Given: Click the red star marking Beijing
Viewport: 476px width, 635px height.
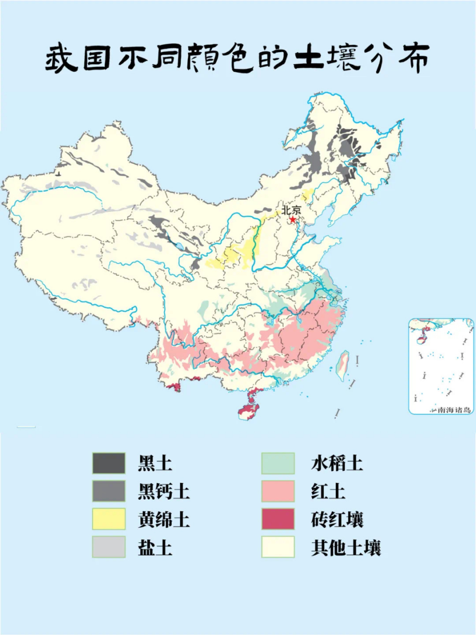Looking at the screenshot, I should [x=293, y=219].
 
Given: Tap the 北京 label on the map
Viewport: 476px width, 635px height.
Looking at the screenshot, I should [x=291, y=210].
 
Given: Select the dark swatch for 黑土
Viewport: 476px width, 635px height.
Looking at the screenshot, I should [x=108, y=463].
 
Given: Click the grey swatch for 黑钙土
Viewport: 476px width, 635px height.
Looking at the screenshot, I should [x=108, y=492].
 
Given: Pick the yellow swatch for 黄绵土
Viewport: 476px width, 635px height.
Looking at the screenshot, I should [x=108, y=519].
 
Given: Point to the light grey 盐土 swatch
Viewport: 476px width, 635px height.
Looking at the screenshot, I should [x=108, y=547].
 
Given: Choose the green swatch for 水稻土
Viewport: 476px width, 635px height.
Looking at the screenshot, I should [x=278, y=463].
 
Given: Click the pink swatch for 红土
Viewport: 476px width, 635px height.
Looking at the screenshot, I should [x=278, y=492].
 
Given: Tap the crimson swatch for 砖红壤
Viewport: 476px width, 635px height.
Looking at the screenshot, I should [x=278, y=519].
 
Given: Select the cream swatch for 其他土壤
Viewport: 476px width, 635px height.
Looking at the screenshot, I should [x=278, y=547].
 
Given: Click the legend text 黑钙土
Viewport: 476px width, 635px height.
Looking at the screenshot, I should [x=163, y=492].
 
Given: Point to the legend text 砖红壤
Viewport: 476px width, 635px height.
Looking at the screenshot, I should [x=337, y=520].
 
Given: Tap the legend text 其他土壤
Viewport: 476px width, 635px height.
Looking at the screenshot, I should [x=346, y=548].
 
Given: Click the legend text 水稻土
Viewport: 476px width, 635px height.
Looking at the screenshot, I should [x=337, y=463].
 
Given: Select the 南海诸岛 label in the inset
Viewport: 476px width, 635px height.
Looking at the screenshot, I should [x=453, y=410].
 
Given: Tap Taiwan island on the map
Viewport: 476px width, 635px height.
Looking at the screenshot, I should [x=342, y=366].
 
